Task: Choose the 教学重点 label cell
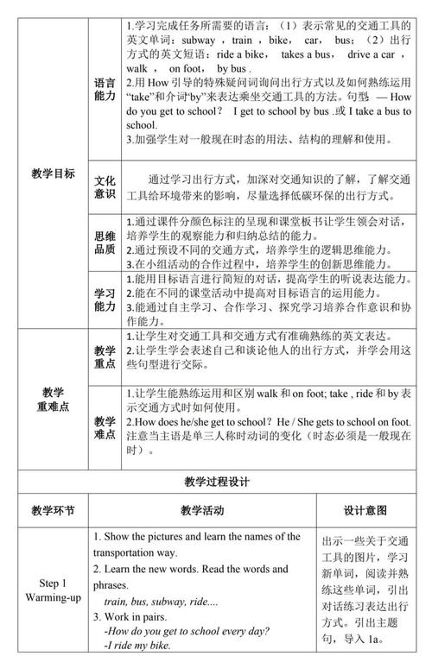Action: [105, 358]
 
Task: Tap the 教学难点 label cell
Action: [105, 428]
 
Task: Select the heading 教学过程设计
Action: [215, 482]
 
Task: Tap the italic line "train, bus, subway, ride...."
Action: [162, 602]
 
